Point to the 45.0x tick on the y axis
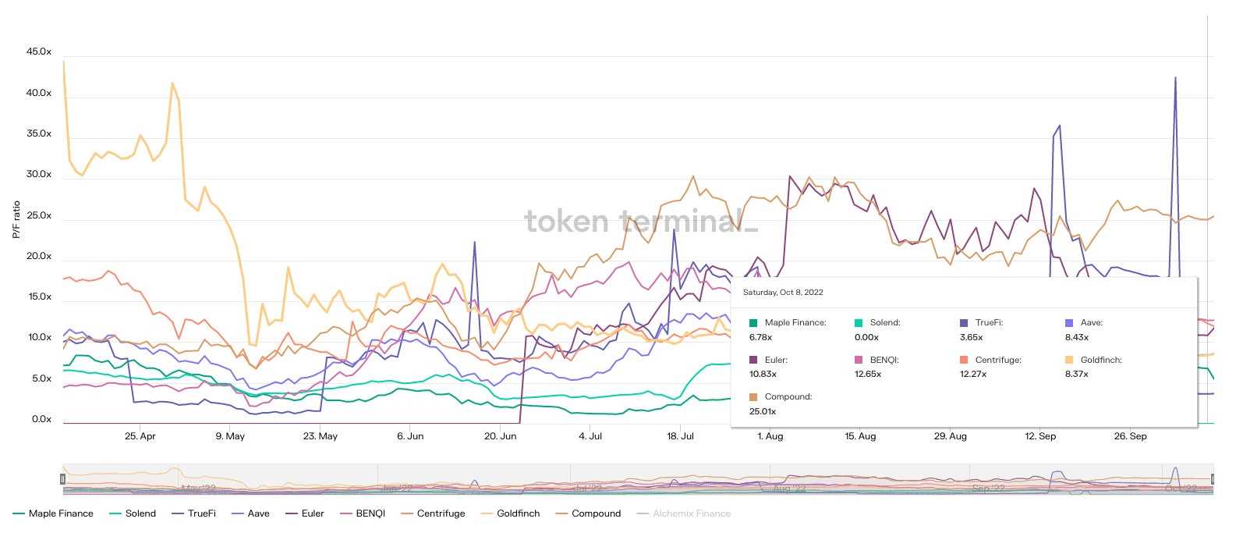(39, 52)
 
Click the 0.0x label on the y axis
(41, 420)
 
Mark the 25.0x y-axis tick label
(39, 216)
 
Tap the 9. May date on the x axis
(230, 436)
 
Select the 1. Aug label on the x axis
(770, 436)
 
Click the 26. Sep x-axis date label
(1130, 436)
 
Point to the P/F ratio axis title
(16, 219)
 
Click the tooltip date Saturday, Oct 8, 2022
(783, 293)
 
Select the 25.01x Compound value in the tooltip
(763, 411)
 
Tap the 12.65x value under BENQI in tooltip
(868, 374)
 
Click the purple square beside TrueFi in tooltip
(964, 323)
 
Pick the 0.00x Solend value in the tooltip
(866, 337)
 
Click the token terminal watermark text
(640, 221)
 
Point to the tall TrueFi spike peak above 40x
(1175, 78)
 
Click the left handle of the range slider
(63, 478)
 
